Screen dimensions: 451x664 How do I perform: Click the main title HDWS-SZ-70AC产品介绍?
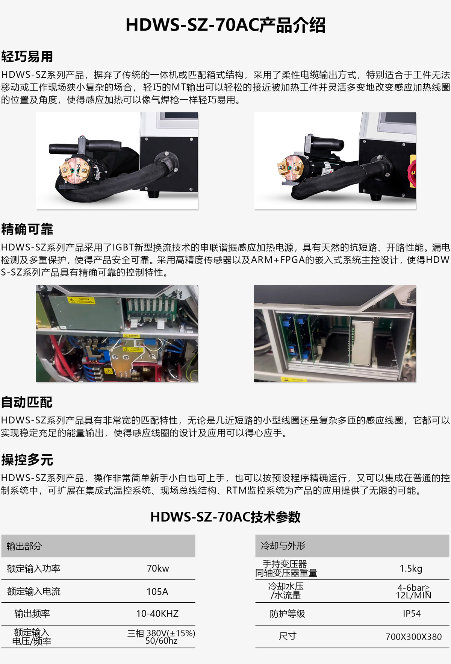tap(225, 25)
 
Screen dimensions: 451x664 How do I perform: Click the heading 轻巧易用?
tap(27, 57)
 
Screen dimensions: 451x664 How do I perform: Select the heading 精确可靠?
tap(27, 229)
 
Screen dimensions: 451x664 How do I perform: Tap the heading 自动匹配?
tap(27, 402)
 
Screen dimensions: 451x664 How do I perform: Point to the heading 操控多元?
tap(27, 460)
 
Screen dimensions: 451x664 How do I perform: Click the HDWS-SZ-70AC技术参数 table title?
tap(225, 517)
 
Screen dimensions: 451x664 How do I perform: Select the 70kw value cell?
tap(158, 568)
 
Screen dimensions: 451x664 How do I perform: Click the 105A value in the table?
tap(157, 591)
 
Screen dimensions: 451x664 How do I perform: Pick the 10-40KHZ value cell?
tap(157, 614)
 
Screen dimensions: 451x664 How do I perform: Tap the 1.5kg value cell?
tap(411, 568)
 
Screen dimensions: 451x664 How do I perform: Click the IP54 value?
tap(412, 614)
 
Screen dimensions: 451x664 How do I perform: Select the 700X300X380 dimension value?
tap(413, 637)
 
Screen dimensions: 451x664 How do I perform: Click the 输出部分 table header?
tap(24, 546)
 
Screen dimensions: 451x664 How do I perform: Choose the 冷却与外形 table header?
tap(283, 546)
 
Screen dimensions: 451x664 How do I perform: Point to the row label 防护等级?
tap(288, 614)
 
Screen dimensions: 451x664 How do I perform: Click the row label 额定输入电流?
tap(33, 591)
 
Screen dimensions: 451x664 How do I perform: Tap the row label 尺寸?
tap(288, 636)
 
